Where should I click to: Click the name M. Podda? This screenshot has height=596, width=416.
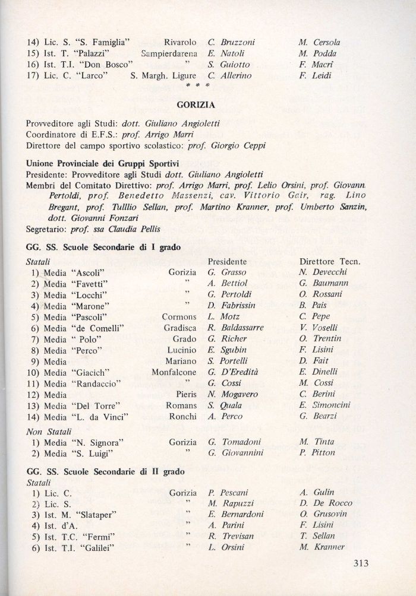pos(318,53)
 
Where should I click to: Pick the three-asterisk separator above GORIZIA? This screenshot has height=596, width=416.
pos(194,86)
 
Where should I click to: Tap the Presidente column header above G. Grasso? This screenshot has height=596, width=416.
pos(227,261)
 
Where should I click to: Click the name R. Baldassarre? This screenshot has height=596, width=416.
pos(235,328)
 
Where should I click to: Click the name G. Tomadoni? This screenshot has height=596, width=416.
pos(235,442)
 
